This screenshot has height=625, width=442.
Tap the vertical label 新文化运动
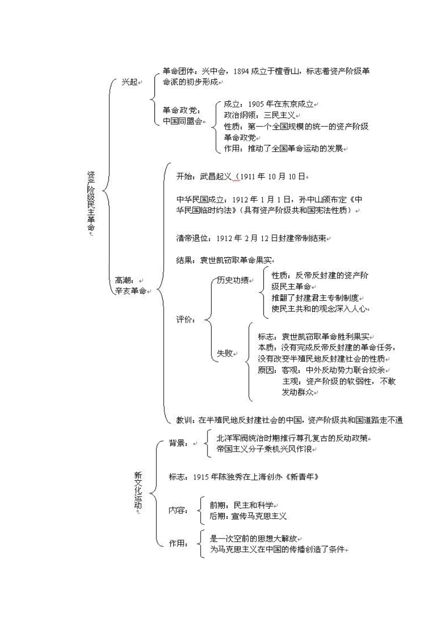138,490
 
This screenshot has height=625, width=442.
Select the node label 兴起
129,82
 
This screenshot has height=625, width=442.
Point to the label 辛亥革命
131,291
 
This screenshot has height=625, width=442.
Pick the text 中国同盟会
182,121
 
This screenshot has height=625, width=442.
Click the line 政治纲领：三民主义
259,115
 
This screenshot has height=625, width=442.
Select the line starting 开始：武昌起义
241,177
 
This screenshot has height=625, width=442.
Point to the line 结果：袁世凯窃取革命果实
225,260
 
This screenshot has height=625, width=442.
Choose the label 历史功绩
233,280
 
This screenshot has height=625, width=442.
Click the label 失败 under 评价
225,353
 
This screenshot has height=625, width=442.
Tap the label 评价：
186,319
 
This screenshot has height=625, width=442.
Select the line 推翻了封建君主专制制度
315,298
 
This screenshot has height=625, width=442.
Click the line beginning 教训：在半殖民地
289,420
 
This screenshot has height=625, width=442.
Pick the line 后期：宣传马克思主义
248,516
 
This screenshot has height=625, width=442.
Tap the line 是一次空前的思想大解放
253,539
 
